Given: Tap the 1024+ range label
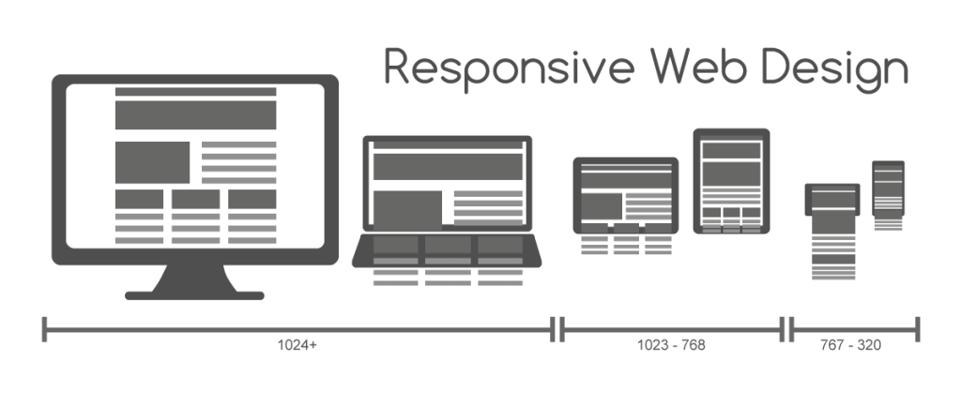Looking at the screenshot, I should click(297, 345).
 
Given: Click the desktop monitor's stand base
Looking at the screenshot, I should click(194, 294).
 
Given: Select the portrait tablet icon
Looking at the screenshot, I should click(731, 180).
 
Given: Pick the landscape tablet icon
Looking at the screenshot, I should click(625, 195).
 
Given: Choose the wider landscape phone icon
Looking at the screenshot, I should click(832, 201).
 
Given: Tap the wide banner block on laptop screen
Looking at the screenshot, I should click(447, 166).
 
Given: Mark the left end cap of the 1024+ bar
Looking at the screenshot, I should click(44, 329).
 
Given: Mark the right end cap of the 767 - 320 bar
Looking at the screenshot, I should click(917, 329).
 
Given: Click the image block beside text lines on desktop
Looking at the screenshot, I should click(152, 162).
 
